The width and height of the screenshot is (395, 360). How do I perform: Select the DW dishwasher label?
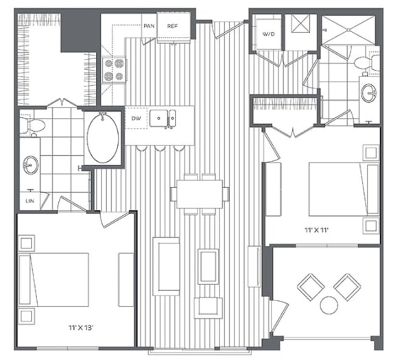point(136,118)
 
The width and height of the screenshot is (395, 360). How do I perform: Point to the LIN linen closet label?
point(29,200)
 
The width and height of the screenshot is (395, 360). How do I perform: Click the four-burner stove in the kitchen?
point(115,69)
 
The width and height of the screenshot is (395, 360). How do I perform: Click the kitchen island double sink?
point(163,119)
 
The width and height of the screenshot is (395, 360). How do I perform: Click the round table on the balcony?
point(328,304)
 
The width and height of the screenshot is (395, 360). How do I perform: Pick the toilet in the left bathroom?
point(32,125)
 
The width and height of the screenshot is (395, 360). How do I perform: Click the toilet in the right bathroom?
point(362,63)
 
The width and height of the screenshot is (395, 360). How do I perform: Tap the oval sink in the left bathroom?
point(31,165)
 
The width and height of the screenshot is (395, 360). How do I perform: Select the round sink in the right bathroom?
point(369,93)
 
